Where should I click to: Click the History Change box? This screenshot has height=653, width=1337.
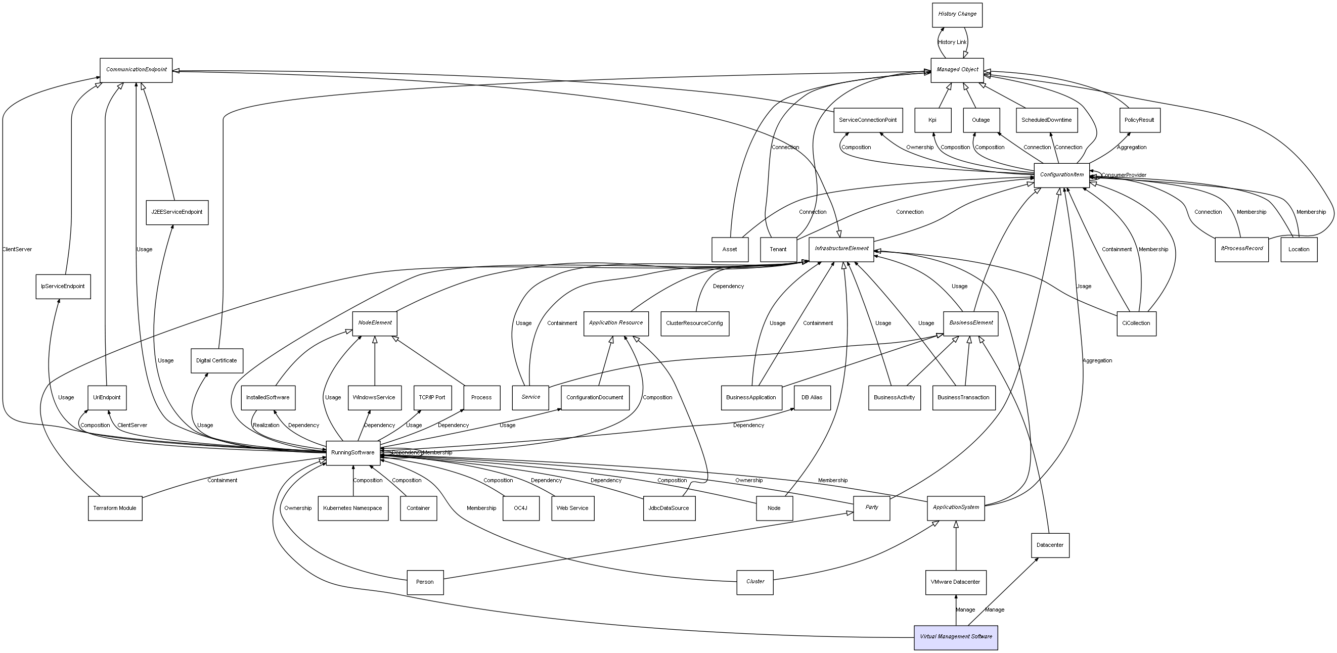click(x=957, y=15)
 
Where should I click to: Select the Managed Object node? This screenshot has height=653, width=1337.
click(x=957, y=70)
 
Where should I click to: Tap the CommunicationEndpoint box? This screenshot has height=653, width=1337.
click(x=136, y=70)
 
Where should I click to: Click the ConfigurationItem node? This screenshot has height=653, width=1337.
click(x=1061, y=175)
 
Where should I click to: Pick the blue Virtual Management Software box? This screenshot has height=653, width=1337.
click(x=956, y=637)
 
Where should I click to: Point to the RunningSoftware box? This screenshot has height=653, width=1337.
click(x=352, y=453)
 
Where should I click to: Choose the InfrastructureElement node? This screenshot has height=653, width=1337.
click(x=841, y=249)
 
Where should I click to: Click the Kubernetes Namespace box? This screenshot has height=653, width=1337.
click(x=352, y=508)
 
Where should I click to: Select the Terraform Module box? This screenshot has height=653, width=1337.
click(x=115, y=508)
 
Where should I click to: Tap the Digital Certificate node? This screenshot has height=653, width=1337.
click(x=216, y=360)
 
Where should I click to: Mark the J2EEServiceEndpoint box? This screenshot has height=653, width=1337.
click(x=177, y=212)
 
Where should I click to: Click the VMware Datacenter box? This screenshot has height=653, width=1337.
click(x=955, y=582)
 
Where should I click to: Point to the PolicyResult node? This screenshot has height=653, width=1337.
click(x=1139, y=120)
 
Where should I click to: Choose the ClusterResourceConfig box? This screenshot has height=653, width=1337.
click(x=694, y=323)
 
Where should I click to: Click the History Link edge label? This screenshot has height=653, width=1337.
click(x=952, y=42)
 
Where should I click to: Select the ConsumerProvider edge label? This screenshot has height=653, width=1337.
click(x=1124, y=175)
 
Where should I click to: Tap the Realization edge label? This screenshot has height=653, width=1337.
click(x=266, y=425)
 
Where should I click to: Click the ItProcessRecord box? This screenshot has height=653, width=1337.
click(x=1241, y=249)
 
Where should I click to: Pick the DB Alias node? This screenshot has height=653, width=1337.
click(x=812, y=398)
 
